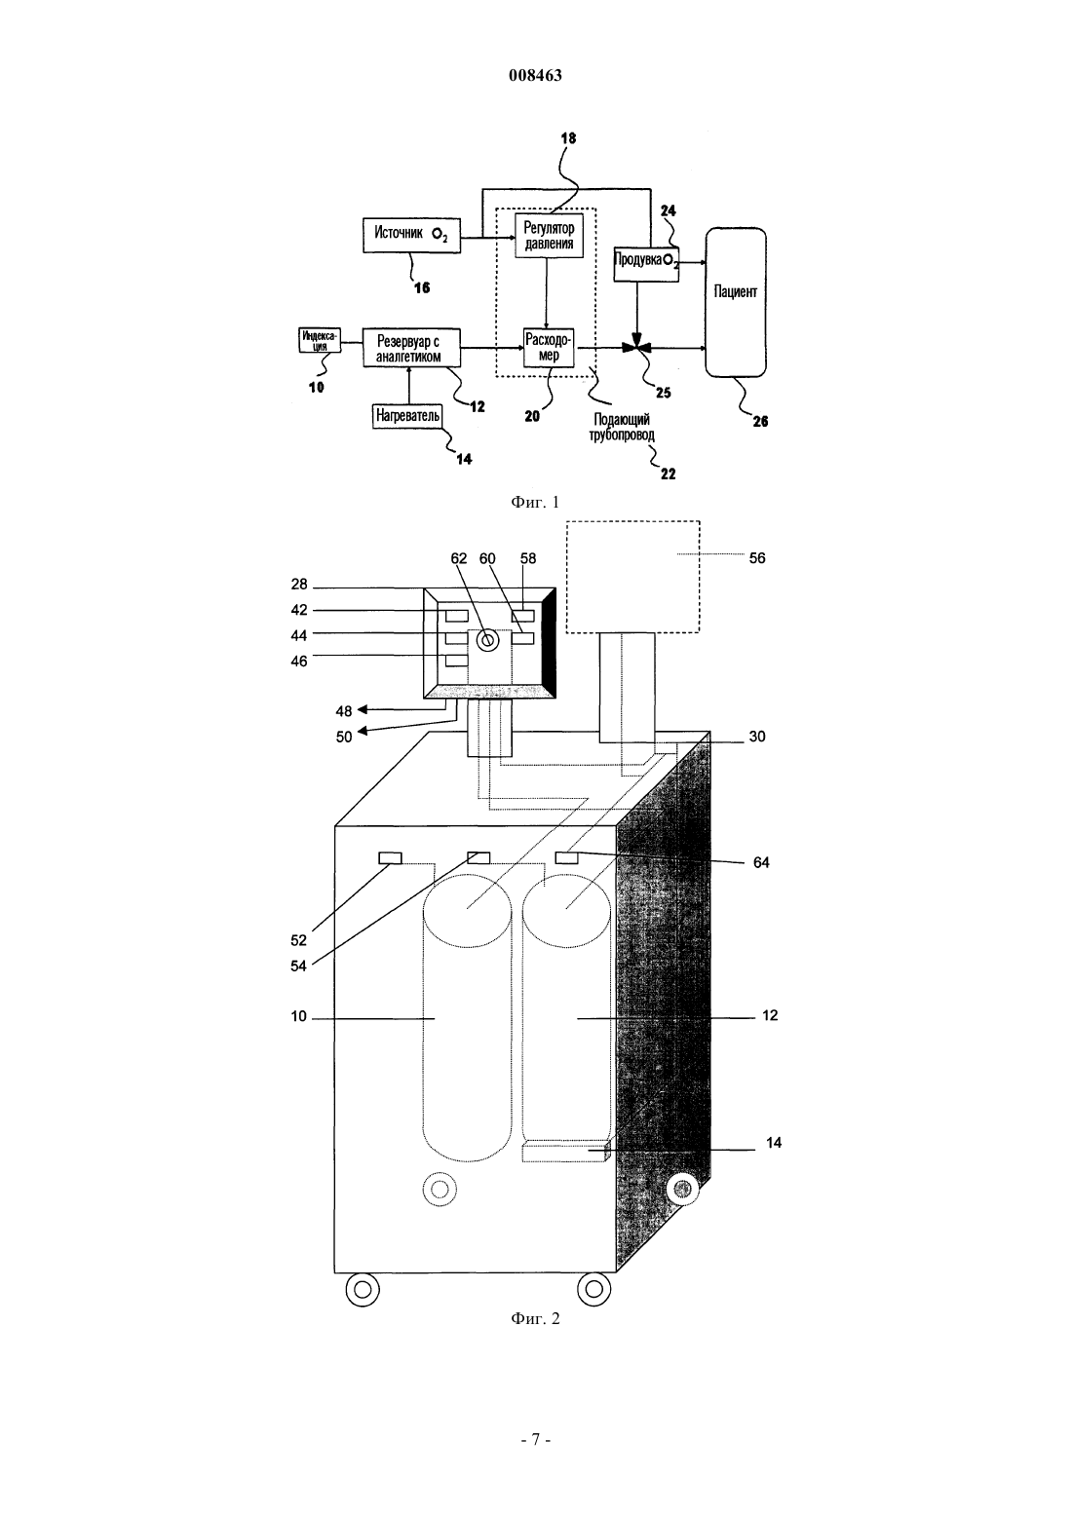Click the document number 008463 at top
(535, 75)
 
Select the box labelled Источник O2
(411, 235)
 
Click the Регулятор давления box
(549, 236)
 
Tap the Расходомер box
(549, 347)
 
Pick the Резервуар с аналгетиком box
(411, 348)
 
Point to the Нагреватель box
(407, 415)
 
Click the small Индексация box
(320, 340)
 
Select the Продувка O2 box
(646, 264)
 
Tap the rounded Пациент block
(736, 302)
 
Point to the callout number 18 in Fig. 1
(568, 138)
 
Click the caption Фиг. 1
(535, 502)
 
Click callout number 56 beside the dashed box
(756, 558)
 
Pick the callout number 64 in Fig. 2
(761, 862)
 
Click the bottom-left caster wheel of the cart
(363, 1290)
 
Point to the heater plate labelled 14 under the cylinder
(566, 1151)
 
